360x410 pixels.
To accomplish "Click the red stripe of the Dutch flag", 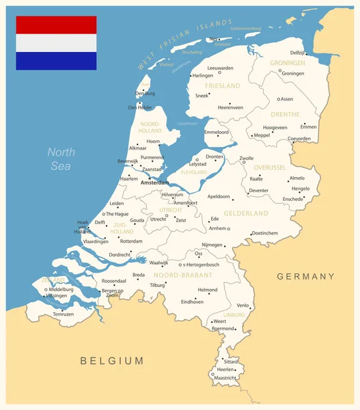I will [56, 25].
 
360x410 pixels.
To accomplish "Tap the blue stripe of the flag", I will [56, 61].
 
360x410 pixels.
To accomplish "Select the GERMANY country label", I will [305, 277].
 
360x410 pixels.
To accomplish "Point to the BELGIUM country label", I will [112, 360].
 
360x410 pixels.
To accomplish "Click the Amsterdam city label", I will [154, 183].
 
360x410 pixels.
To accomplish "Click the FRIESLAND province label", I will [223, 86].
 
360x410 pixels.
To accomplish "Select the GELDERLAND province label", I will [246, 214].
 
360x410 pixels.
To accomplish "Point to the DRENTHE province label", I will [285, 114].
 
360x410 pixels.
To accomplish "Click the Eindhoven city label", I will [192, 301].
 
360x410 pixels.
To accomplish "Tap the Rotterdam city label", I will [131, 241].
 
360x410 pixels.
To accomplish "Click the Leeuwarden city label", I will [220, 68].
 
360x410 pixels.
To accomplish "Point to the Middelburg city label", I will [61, 289].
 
